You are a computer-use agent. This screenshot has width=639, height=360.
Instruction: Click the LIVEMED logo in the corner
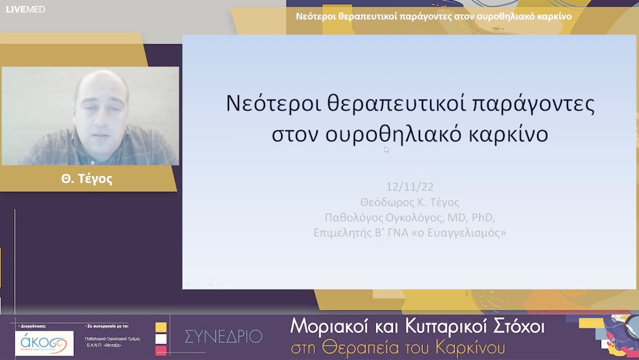coord(25,9)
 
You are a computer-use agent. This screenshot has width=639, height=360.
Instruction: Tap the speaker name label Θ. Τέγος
coord(86,179)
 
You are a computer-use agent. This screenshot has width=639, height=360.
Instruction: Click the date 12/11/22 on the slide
coord(409,187)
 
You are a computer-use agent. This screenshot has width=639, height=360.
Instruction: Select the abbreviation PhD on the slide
coord(482,217)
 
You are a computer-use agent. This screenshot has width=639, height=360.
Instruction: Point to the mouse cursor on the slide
coord(386,150)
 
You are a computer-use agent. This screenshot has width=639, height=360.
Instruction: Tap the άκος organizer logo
coord(44,343)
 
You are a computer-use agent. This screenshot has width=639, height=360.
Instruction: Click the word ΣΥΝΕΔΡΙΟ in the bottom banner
coord(223,337)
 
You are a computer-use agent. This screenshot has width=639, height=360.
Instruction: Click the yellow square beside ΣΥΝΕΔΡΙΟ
coord(161,327)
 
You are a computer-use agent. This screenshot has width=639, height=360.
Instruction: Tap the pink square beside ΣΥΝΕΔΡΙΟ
coord(161,351)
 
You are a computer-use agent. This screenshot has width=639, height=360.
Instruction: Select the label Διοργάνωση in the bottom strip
coord(33,326)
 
